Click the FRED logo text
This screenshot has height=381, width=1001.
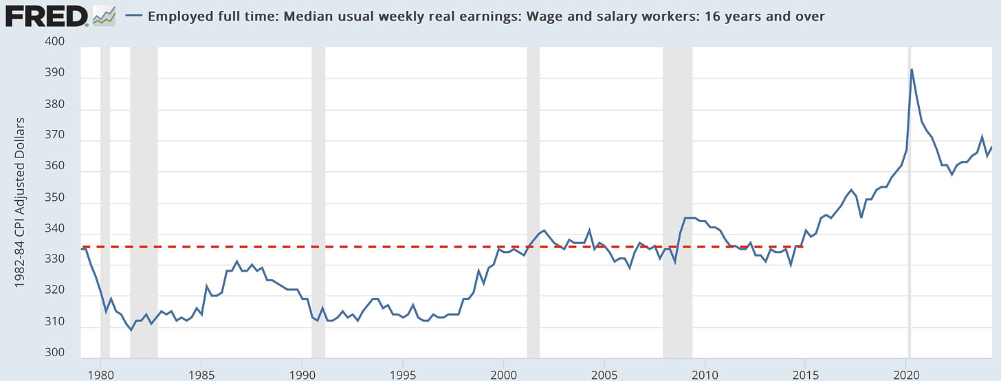pyautogui.click(x=45, y=15)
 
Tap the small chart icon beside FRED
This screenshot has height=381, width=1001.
pyautogui.click(x=104, y=15)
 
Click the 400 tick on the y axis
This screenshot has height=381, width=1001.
pyautogui.click(x=55, y=41)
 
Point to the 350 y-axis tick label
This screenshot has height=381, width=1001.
pyautogui.click(x=55, y=197)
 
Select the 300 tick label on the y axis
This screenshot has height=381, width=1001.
pyautogui.click(x=55, y=353)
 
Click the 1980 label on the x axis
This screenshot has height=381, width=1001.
pyautogui.click(x=100, y=371)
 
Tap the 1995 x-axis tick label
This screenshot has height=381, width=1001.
pyautogui.click(x=403, y=371)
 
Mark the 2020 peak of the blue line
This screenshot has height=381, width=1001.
pyautogui.click(x=912, y=69)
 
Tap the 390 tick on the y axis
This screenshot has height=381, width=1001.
pyautogui.click(x=55, y=72)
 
